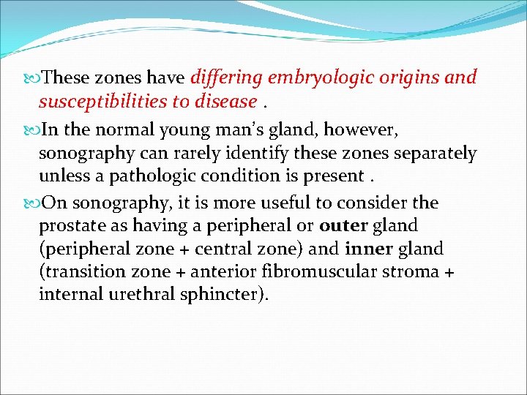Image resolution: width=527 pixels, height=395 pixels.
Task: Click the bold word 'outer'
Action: click(343, 225)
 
